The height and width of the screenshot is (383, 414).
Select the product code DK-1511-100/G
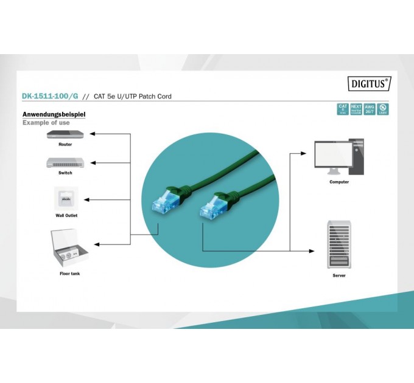click(50, 96)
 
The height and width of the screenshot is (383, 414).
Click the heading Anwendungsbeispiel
click(54, 114)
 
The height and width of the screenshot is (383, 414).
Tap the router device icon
click(65, 135)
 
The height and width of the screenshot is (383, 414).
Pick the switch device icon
click(65, 162)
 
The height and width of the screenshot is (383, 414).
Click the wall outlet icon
click(65, 199)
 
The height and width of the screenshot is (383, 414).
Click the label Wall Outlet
click(66, 215)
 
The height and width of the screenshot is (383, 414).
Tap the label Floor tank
click(69, 274)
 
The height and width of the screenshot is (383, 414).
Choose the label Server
click(339, 275)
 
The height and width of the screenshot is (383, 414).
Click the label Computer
click(339, 182)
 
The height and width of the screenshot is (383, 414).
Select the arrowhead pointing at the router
click(92, 134)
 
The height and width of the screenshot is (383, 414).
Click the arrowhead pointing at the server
click(313, 250)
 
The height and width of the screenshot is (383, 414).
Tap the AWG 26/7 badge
click(370, 109)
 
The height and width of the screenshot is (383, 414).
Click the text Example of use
click(46, 123)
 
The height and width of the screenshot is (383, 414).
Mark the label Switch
click(65, 173)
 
